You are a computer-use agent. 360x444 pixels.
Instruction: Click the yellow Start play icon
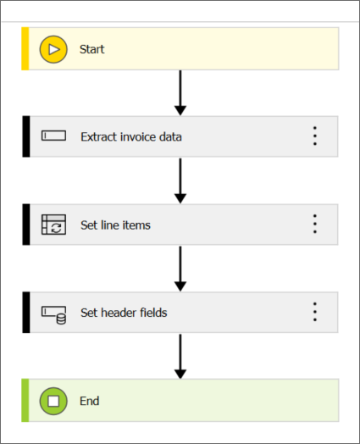pyautogui.click(x=53, y=49)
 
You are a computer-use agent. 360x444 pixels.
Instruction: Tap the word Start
pyautogui.click(x=92, y=49)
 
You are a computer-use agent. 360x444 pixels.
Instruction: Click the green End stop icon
pyautogui.click(x=53, y=401)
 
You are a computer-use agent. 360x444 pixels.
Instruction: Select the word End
pyautogui.click(x=90, y=401)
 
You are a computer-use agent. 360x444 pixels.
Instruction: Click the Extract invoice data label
pyautogui.click(x=131, y=136)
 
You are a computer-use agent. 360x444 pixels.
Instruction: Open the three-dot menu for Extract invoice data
pyautogui.click(x=315, y=136)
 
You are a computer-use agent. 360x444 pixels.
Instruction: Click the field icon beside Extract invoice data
pyautogui.click(x=53, y=136)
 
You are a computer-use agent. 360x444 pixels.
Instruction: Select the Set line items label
pyautogui.click(x=115, y=225)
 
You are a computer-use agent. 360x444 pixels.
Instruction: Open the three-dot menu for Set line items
pyautogui.click(x=315, y=224)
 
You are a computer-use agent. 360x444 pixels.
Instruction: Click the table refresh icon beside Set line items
pyautogui.click(x=53, y=225)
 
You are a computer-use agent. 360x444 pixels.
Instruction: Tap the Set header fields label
pyautogui.click(x=124, y=313)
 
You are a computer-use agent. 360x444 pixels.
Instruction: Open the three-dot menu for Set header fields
pyautogui.click(x=315, y=312)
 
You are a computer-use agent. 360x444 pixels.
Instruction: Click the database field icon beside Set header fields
pyautogui.click(x=53, y=315)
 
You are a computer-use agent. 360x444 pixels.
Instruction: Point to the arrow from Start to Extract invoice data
pyautogui.click(x=180, y=93)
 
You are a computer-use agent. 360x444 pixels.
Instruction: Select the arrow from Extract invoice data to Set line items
pyautogui.click(x=180, y=181)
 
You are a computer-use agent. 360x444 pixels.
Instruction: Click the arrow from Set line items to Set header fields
pyautogui.click(x=180, y=269)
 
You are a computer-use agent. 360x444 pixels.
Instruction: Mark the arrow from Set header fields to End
pyautogui.click(x=180, y=357)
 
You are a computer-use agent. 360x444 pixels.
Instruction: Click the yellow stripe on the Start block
pyautogui.click(x=25, y=48)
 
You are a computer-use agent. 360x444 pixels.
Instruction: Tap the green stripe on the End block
pyautogui.click(x=25, y=401)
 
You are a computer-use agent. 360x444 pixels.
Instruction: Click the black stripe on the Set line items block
pyautogui.click(x=26, y=225)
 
